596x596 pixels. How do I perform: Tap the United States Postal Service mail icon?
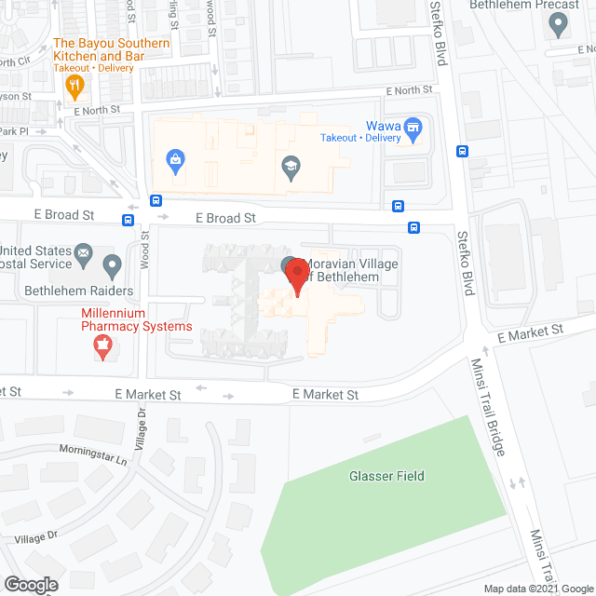tap(84, 251)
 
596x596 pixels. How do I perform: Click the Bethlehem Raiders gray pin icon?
tap(112, 266)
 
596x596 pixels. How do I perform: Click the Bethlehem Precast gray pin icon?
tap(559, 24)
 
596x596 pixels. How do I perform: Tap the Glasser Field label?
tap(386, 476)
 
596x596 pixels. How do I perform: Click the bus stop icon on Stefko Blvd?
tap(462, 151)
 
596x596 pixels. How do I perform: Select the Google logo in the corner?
tap(30, 584)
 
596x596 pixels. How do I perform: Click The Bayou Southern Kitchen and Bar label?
tap(112, 49)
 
